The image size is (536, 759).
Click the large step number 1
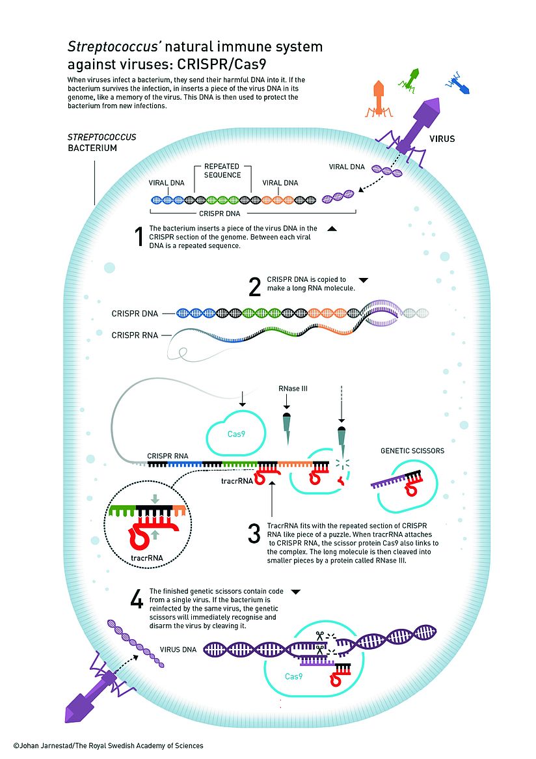click(x=138, y=238)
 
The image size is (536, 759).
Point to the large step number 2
click(x=254, y=287)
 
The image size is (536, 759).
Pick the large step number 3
click(x=254, y=534)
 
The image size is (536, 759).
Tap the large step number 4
click(x=137, y=599)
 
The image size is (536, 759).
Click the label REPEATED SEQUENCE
click(x=222, y=171)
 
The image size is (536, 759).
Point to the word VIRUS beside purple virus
click(x=442, y=139)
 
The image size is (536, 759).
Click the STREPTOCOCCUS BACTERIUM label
click(x=93, y=143)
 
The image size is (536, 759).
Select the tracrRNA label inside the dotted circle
click(x=146, y=558)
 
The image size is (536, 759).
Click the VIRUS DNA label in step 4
click(x=178, y=650)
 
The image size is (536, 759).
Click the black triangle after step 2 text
click(x=364, y=279)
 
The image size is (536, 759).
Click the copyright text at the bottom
click(x=108, y=745)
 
